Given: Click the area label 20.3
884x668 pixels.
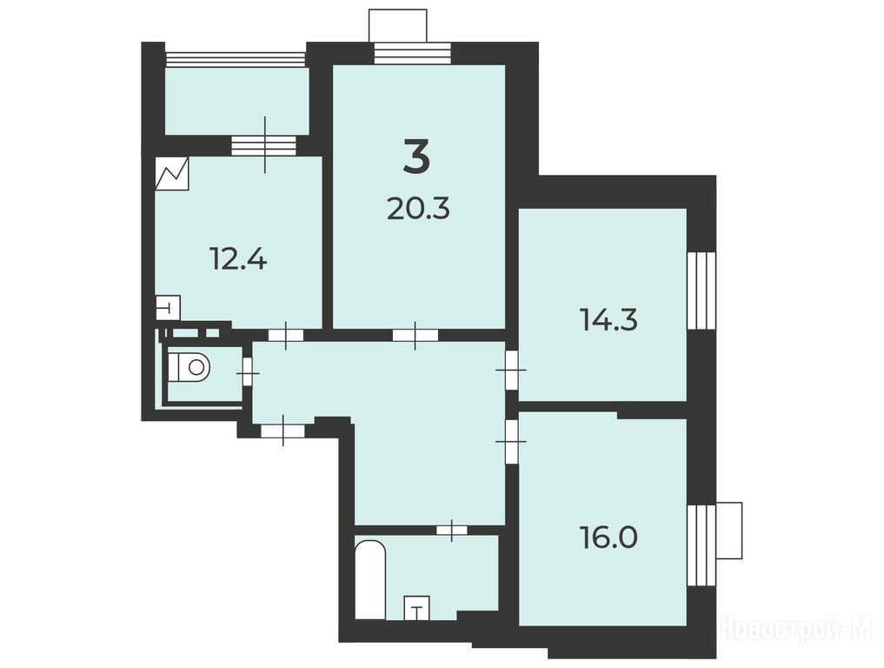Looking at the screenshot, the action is (418, 210).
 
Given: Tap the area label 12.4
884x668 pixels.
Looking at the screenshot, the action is (238, 259).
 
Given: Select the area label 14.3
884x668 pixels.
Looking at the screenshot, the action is (608, 320).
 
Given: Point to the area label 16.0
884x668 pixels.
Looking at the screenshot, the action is (608, 537).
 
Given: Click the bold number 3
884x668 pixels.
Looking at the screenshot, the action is (416, 157).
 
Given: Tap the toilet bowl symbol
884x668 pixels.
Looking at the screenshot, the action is (190, 367).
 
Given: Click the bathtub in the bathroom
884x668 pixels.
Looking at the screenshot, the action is (370, 578).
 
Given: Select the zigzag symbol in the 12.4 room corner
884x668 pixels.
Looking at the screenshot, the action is (172, 174).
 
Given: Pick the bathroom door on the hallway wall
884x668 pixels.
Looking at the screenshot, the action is (452, 529).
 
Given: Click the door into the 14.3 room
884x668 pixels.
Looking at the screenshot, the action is (511, 371).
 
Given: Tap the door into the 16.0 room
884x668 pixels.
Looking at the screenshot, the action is (511, 441).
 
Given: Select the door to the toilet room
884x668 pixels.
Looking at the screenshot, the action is (248, 373).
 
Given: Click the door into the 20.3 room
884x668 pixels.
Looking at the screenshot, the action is (415, 335).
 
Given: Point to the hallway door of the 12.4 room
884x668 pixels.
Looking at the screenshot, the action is (286, 335).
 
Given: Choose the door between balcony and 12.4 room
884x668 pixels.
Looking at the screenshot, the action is (264, 145).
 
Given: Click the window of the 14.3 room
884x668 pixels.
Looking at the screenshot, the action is (701, 290).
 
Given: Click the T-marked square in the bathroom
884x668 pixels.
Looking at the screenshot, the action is (417, 608).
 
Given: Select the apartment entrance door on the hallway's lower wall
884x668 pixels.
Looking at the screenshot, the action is (282, 431).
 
